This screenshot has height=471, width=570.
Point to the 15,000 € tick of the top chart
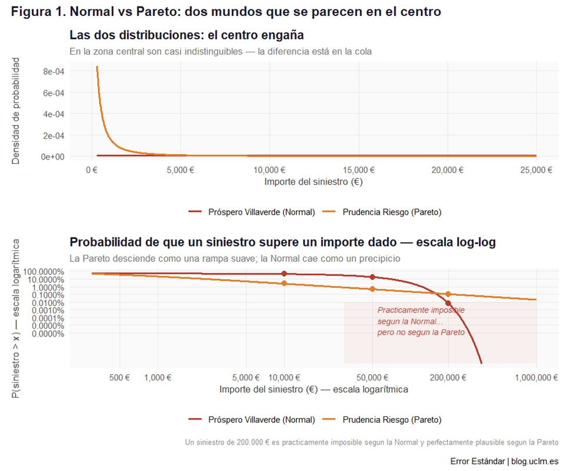coord(359,170)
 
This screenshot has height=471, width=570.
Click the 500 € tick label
coord(119,378)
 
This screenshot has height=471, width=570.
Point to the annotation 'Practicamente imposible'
coord(421,309)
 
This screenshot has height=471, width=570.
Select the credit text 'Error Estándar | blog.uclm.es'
coord(504,460)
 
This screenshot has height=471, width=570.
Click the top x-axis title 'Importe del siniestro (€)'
coord(313,182)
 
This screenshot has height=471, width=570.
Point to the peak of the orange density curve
coord(97,67)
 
